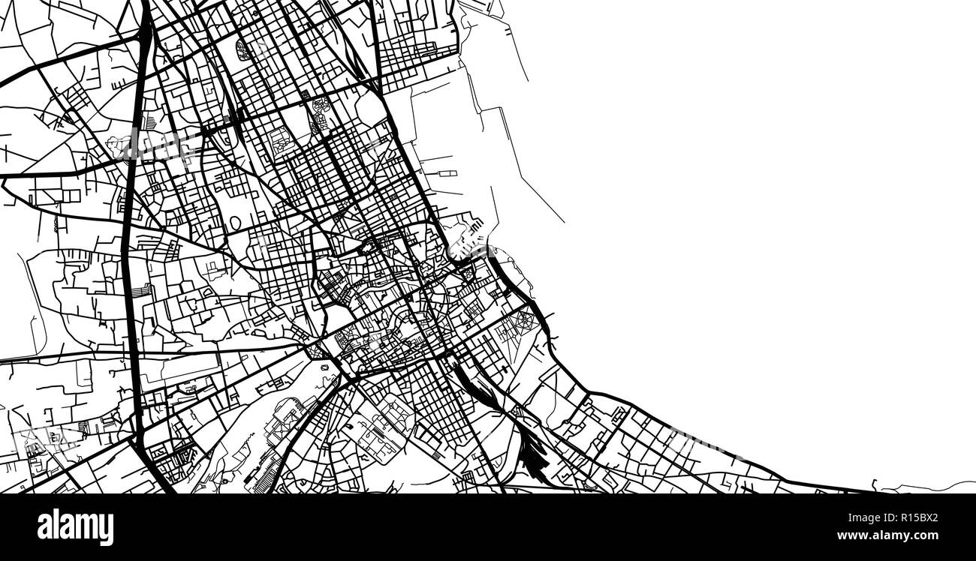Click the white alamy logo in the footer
tap(75, 527)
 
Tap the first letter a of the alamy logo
tap(44, 527)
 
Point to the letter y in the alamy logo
tap(107, 529)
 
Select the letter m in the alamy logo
tap(86, 527)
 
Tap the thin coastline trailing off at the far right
tap(931, 488)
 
